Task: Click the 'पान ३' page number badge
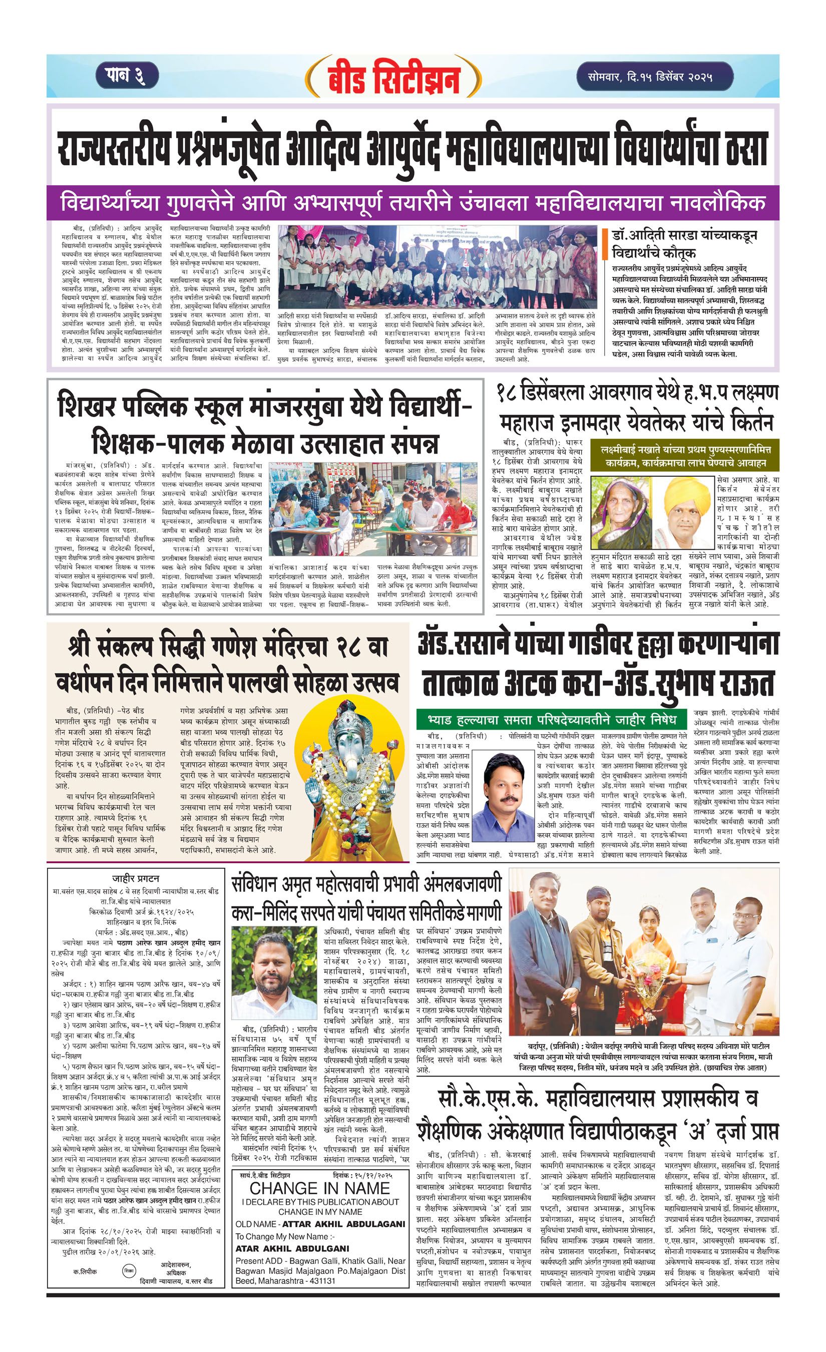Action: click(127, 75)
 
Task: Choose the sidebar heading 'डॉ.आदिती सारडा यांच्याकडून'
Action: click(685, 236)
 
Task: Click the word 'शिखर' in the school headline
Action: click(88, 407)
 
